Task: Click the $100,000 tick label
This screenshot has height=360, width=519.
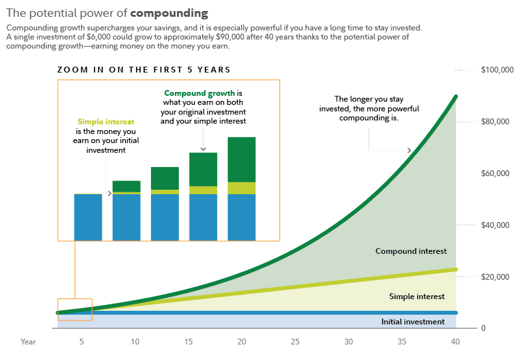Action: pyautogui.click(x=497, y=70)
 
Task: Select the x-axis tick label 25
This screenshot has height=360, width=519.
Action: pyautogui.click(x=295, y=341)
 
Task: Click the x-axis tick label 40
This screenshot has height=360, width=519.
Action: pyautogui.click(x=455, y=341)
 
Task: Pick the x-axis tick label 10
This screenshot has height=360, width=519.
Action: pyautogui.click(x=135, y=341)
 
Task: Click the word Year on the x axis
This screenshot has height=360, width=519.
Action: pyautogui.click(x=28, y=341)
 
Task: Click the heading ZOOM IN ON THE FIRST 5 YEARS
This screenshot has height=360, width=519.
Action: pyautogui.click(x=144, y=70)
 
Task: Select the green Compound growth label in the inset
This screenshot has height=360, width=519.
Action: pyautogui.click(x=199, y=93)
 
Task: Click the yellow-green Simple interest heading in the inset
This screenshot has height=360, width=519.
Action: pyautogui.click(x=106, y=122)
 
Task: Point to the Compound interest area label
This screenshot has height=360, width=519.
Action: pyautogui.click(x=411, y=251)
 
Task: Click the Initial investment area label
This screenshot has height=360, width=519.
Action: pyautogui.click(x=413, y=322)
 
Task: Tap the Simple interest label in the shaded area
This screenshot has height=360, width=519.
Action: pyautogui.click(x=417, y=297)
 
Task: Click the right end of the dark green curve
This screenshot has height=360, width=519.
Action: pyautogui.click(x=456, y=96)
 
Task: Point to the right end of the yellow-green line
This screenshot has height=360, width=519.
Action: pyautogui.click(x=456, y=269)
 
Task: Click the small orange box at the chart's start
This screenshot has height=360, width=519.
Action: pyautogui.click(x=75, y=309)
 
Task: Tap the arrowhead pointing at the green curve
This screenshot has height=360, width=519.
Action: pyautogui.click(x=409, y=150)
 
